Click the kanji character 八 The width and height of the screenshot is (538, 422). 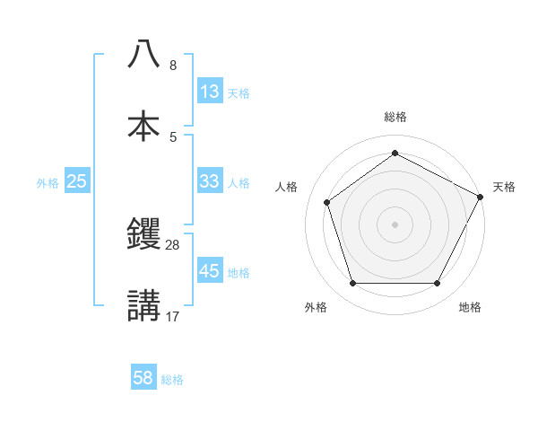pyautogui.click(x=143, y=55)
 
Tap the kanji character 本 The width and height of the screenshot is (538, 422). pyautogui.click(x=143, y=125)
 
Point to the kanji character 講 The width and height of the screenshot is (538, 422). pyautogui.click(x=143, y=304)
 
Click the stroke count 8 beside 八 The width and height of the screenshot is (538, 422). pyautogui.click(x=173, y=66)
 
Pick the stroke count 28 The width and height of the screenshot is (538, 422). pyautogui.click(x=173, y=244)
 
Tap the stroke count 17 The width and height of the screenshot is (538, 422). pyautogui.click(x=173, y=315)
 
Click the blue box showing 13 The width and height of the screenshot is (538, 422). pyautogui.click(x=210, y=92)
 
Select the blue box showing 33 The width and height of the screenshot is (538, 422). pyautogui.click(x=210, y=180)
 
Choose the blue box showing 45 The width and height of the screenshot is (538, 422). pyautogui.click(x=210, y=270)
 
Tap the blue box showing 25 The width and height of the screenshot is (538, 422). pyautogui.click(x=77, y=181)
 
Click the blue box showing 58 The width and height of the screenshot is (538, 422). pyautogui.click(x=143, y=378)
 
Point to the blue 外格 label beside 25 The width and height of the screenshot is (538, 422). pyautogui.click(x=48, y=182)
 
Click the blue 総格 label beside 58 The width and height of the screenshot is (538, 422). pyautogui.click(x=172, y=379)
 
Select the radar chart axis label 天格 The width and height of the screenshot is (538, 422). pyautogui.click(x=504, y=187)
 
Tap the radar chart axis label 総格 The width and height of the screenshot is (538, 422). pyautogui.click(x=395, y=117)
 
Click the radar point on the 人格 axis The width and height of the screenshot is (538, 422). pyautogui.click(x=327, y=202)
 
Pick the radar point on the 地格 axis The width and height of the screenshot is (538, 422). pyautogui.click(x=437, y=283)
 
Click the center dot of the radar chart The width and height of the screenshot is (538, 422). pyautogui.click(x=395, y=224)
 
